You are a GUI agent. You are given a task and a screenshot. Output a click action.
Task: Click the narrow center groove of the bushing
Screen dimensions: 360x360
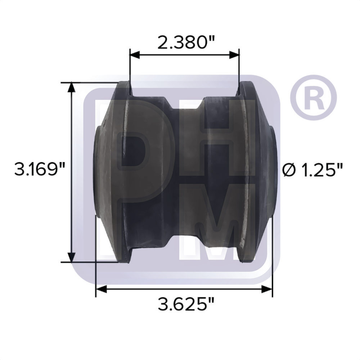click(187, 169)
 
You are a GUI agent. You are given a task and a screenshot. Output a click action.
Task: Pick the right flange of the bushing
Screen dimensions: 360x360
click(248, 169)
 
